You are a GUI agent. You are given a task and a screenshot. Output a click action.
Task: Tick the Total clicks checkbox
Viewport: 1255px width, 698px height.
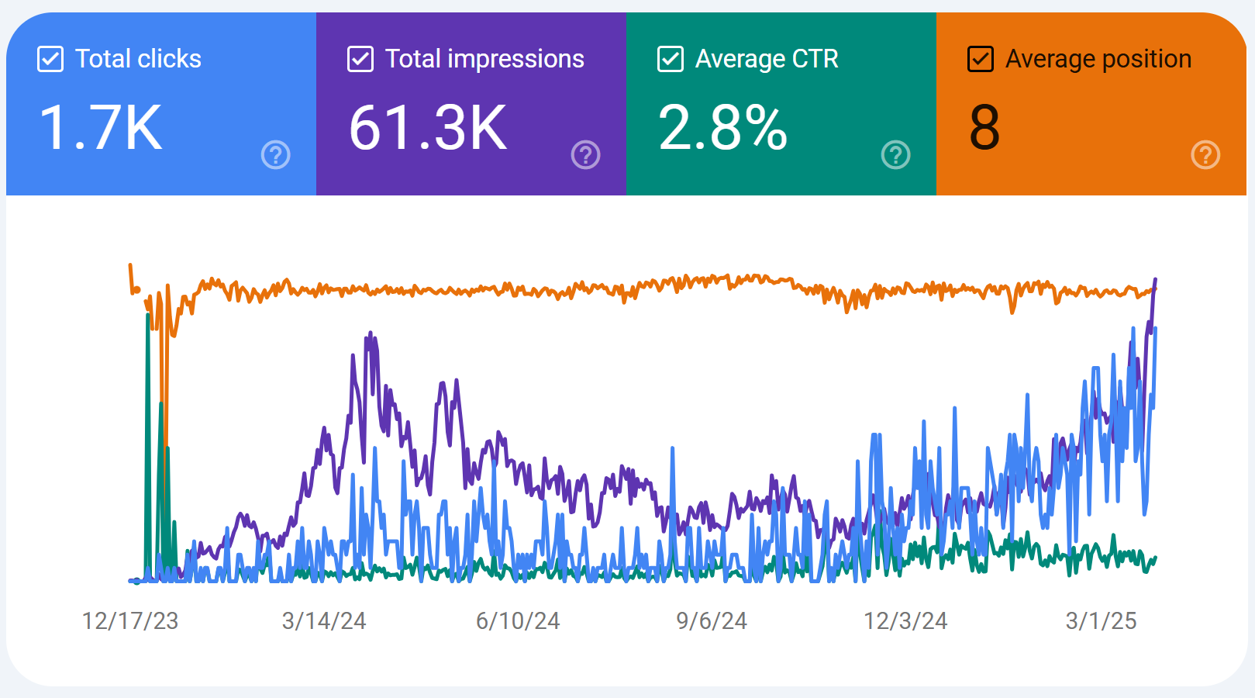click(50, 60)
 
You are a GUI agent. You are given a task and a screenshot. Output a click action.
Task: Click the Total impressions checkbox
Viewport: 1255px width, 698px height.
click(360, 60)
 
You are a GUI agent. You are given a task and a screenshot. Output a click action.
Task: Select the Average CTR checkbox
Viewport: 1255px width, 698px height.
click(670, 60)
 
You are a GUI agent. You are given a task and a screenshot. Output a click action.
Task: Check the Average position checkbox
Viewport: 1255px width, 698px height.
click(981, 60)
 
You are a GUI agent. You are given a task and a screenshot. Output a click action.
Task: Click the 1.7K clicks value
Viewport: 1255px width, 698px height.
click(101, 128)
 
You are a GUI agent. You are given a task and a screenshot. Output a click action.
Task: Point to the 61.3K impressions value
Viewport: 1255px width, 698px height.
click(428, 128)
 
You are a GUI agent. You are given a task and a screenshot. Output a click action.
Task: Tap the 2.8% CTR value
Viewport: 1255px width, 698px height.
click(722, 128)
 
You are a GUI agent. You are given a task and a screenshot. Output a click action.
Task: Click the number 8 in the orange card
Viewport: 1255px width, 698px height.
click(984, 128)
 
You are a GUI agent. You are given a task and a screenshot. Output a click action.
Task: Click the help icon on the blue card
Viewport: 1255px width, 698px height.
click(276, 155)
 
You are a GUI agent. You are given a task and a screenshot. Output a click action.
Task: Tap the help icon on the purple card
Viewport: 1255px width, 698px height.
click(585, 155)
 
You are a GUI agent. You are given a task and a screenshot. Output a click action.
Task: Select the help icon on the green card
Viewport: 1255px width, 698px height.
click(896, 155)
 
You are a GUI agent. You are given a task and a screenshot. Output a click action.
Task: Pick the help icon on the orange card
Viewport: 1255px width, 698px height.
click(1205, 155)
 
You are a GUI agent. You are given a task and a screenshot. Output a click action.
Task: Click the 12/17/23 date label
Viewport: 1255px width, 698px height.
click(130, 621)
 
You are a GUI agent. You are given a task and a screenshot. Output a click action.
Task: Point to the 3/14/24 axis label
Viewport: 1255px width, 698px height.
click(324, 621)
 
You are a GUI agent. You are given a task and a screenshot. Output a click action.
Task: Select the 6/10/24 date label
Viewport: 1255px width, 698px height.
click(518, 621)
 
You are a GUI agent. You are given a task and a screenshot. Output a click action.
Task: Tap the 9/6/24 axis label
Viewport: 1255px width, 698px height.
click(712, 621)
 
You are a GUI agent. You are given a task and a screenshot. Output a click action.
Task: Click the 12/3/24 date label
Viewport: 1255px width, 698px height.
click(905, 621)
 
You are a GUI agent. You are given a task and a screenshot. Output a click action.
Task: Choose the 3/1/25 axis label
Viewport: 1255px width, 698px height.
click(1101, 621)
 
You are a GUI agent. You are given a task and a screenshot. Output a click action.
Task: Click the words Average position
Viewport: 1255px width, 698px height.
click(1098, 59)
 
